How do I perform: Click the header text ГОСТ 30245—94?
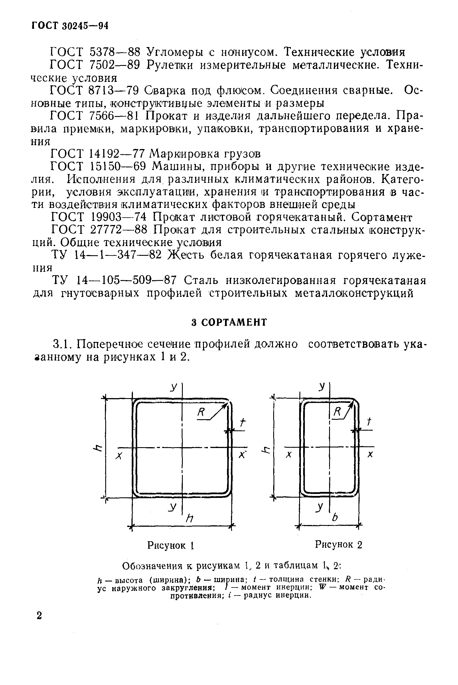pos(70,26)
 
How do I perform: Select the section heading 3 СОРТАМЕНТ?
pos(229,322)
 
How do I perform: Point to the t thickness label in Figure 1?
pos(242,422)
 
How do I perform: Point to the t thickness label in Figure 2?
pos(369,422)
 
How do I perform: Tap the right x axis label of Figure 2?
pos(370,455)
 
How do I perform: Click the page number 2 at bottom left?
pos(39,616)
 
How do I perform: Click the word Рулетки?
pos(170,65)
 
